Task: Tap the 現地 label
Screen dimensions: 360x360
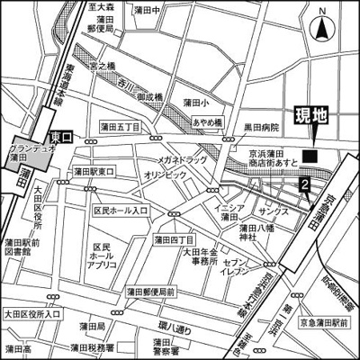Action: point(311,116)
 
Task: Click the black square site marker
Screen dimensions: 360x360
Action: point(310,157)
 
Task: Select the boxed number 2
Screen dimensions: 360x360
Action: point(305,185)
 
